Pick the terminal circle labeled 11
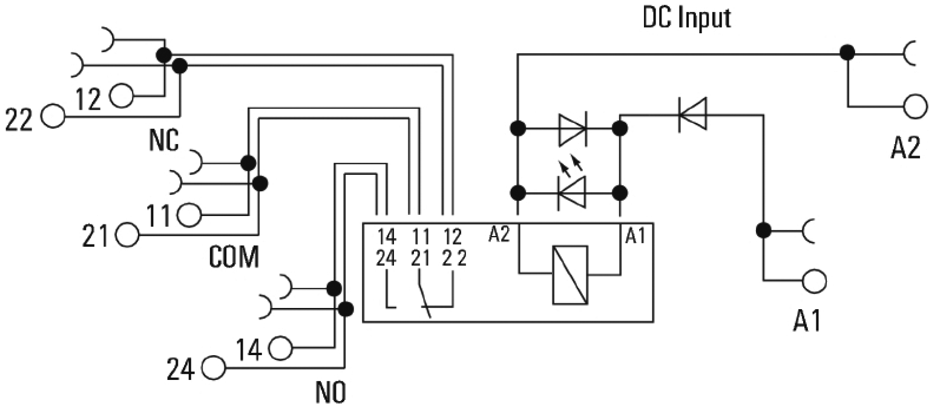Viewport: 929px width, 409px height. (x=189, y=214)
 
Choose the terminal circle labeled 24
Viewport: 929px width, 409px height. (x=213, y=367)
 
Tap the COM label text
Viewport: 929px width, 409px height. (x=234, y=257)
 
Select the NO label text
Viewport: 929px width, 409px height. (x=330, y=393)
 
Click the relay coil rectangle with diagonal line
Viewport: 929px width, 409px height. (x=570, y=275)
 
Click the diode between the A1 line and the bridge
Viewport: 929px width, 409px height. (x=692, y=114)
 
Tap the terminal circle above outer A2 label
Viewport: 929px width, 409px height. (x=915, y=106)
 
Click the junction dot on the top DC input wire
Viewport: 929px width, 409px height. (x=847, y=53)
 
